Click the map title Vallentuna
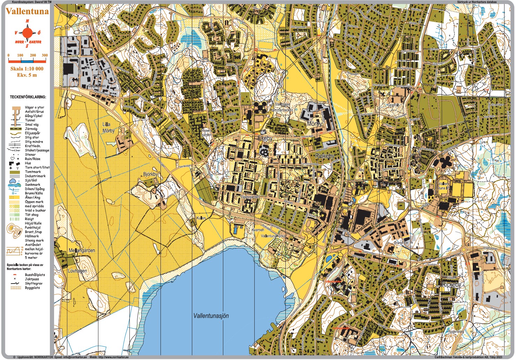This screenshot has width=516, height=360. [27, 11]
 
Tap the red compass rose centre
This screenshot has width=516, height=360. [27, 33]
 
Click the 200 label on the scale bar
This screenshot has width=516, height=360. [33, 55]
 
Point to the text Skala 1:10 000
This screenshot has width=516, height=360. [27, 69]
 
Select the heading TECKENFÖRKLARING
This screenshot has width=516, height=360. [28, 97]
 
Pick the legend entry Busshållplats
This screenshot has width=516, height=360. [35, 275]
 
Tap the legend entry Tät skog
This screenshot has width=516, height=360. [32, 215]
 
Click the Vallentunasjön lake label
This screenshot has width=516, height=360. [211, 316]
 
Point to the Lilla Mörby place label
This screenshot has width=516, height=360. [109, 127]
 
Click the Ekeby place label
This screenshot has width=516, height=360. [265, 138]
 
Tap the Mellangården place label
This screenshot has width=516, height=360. [82, 250]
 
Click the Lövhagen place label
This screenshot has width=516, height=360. [77, 271]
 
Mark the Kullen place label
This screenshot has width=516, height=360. [201, 218]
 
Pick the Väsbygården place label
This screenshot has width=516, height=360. [250, 197]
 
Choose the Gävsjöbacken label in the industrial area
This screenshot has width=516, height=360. [97, 86]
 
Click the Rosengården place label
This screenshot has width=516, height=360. [206, 132]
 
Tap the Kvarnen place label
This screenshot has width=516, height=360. [258, 230]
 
